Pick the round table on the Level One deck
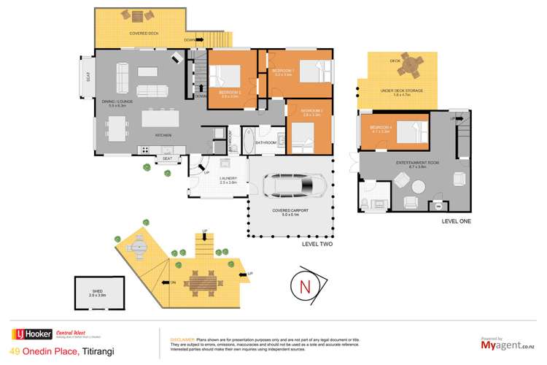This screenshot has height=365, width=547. pos(411,69)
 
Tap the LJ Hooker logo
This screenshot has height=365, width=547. pos(31,334)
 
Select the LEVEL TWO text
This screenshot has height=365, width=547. pos(317,245)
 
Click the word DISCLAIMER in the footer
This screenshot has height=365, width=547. pos(183,339)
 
